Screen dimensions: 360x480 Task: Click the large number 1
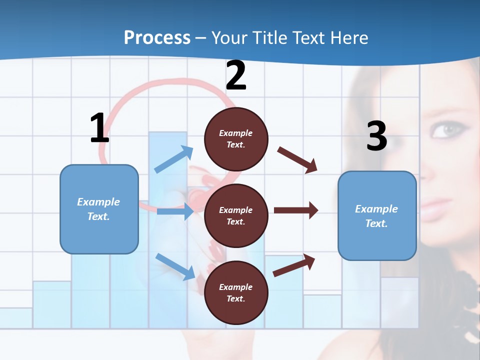click(99, 128)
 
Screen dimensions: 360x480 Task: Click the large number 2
click(236, 75)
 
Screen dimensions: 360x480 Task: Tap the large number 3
click(376, 136)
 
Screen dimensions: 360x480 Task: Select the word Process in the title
click(157, 37)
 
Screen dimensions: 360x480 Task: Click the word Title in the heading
click(270, 37)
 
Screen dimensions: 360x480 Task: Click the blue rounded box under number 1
click(99, 209)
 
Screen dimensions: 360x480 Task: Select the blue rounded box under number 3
click(377, 215)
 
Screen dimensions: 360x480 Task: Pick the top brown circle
click(236, 139)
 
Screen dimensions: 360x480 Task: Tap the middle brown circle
click(236, 215)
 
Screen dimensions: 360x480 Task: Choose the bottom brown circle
click(236, 292)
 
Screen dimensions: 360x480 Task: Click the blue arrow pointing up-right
click(174, 159)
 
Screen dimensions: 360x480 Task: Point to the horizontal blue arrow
click(175, 211)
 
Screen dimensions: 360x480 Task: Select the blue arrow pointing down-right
click(175, 266)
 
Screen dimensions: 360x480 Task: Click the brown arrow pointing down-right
click(297, 160)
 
